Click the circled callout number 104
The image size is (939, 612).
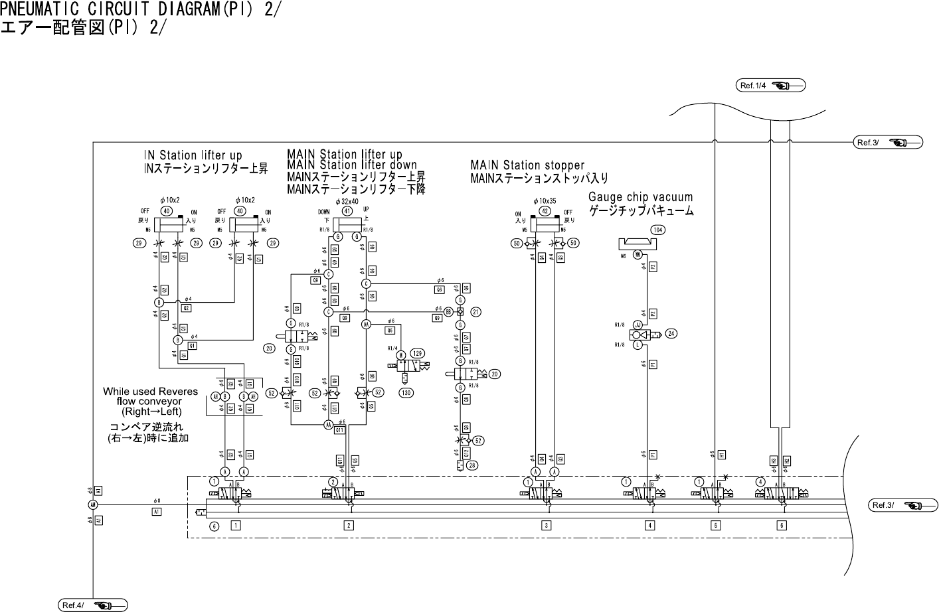click(658, 230)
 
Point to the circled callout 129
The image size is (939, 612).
click(417, 353)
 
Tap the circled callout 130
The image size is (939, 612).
click(406, 393)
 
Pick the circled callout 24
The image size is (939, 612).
click(671, 333)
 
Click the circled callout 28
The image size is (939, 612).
click(472, 465)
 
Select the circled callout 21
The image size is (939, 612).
click(476, 311)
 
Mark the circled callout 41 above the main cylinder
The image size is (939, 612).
click(347, 211)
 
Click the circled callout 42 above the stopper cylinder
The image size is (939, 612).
click(545, 211)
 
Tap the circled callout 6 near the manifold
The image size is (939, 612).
click(214, 526)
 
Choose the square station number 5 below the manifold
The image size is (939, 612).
click(716, 526)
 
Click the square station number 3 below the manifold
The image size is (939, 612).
click(546, 526)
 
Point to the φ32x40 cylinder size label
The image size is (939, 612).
click(347, 201)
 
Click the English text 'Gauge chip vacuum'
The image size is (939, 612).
click(640, 197)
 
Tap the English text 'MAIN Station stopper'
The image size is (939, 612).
click(527, 165)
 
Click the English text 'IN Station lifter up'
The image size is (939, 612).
click(193, 156)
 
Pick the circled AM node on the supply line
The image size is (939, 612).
click(93, 505)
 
